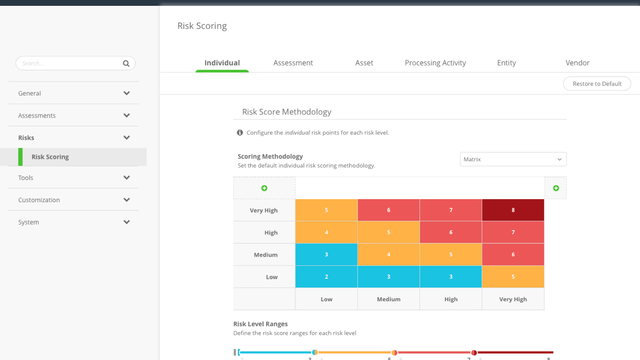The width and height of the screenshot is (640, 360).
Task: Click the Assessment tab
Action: [293, 63]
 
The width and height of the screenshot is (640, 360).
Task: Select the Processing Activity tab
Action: [435, 63]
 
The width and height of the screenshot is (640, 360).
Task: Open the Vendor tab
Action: [577, 63]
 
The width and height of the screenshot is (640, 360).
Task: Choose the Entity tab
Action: [506, 63]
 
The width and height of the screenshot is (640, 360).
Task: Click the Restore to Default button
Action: [597, 84]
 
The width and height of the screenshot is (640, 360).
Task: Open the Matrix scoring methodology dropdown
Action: [512, 158]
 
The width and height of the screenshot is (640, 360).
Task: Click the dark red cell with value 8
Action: [513, 210]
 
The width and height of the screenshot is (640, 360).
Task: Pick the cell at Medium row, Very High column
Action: [513, 254]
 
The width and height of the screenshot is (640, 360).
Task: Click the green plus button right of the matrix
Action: [556, 188]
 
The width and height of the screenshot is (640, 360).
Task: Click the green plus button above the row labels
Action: [264, 188]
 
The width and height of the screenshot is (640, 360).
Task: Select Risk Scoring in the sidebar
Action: [50, 157]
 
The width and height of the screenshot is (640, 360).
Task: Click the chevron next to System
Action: [126, 222]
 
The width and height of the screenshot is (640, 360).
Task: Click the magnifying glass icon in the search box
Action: [126, 63]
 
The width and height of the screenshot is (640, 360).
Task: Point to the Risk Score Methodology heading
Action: [286, 112]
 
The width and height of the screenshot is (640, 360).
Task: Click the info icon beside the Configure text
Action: [239, 132]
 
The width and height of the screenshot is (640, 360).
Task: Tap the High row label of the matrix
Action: [264, 232]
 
